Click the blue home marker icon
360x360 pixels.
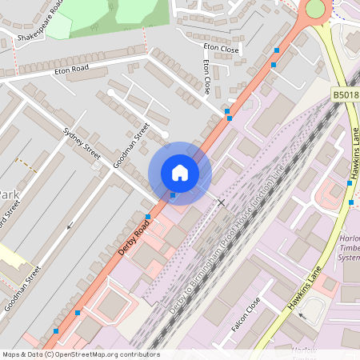pyautogui.click(x=180, y=173)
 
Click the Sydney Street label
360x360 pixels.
pyautogui.click(x=82, y=143)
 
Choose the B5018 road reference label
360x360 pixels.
pyautogui.click(x=345, y=95)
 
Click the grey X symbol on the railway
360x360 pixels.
pyautogui.click(x=222, y=203)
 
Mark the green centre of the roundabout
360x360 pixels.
pyautogui.click(x=315, y=8)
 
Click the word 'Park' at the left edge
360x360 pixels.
pyautogui.click(x=9, y=195)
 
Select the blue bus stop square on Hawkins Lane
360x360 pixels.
pyautogui.click(x=350, y=182)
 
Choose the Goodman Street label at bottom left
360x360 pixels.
pyautogui.click(x=22, y=289)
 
